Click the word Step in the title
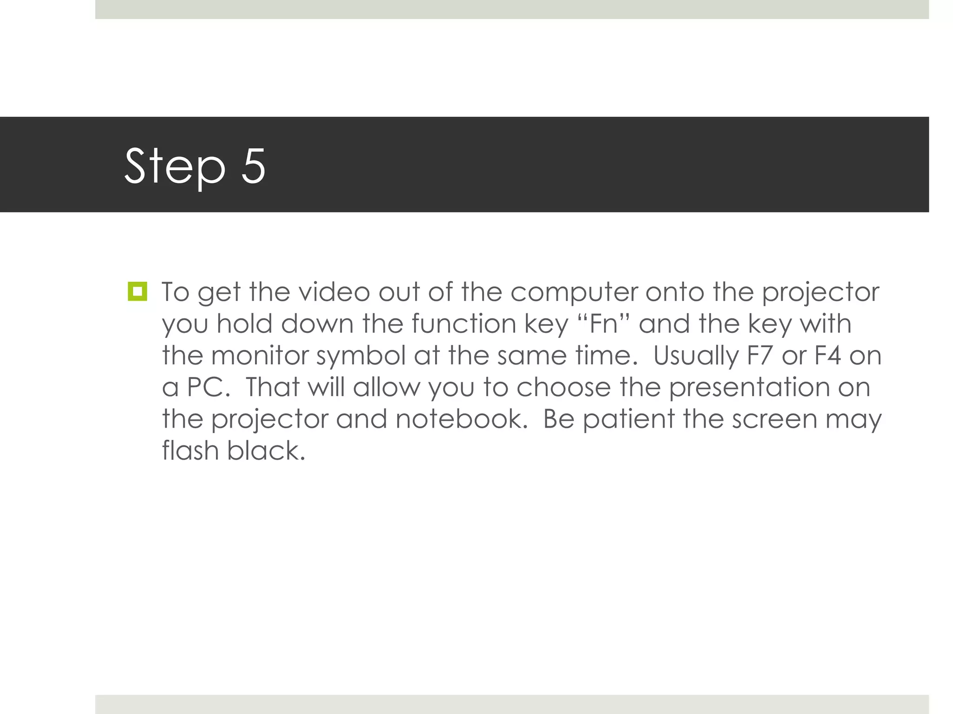[x=174, y=166]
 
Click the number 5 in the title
[x=253, y=166]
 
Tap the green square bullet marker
[x=137, y=291]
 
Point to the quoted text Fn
[x=603, y=324]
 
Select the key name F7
[x=759, y=356]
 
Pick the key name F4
[x=827, y=356]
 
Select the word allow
[x=386, y=387]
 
